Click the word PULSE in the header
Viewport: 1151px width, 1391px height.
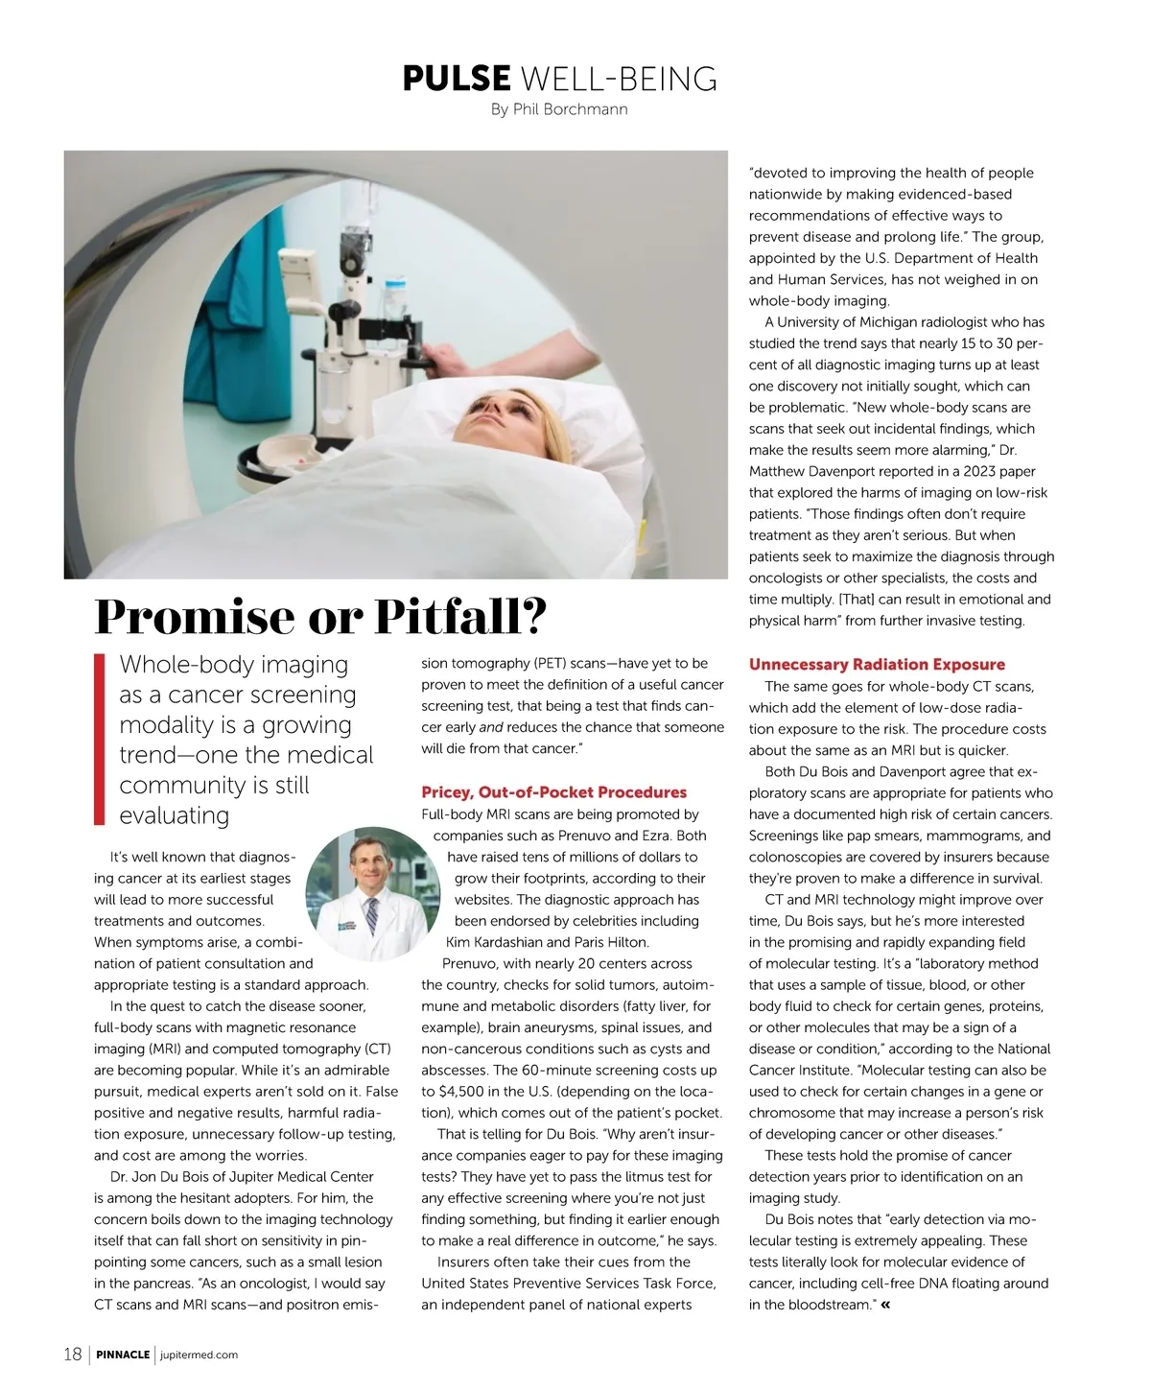tap(457, 79)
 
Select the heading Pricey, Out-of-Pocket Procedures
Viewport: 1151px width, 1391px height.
tap(553, 792)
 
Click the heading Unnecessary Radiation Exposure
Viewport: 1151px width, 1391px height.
tap(877, 664)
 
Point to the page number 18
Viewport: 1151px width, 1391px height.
tap(73, 1355)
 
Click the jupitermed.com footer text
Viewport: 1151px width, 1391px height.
tap(200, 1356)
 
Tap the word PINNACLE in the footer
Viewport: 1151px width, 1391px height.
tap(123, 1356)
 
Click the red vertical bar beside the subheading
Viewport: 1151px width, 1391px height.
tap(99, 739)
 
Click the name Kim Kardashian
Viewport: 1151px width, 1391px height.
tap(494, 942)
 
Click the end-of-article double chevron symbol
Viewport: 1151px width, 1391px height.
tap(884, 1305)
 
